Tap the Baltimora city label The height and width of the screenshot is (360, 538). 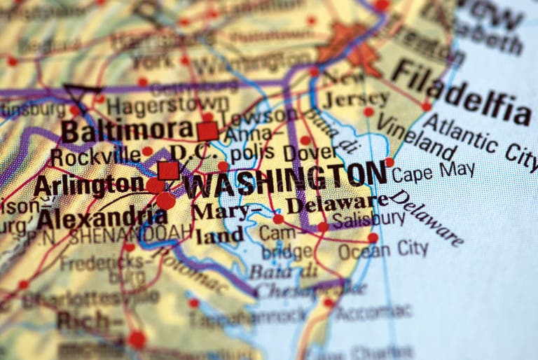pyautogui.click(x=126, y=130)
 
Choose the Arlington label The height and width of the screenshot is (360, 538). pyautogui.click(x=88, y=186)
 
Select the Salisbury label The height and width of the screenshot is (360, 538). pyautogui.click(x=368, y=219)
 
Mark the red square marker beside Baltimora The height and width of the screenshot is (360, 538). pyautogui.click(x=207, y=131)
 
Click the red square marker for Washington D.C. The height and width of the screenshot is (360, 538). pyautogui.click(x=168, y=170)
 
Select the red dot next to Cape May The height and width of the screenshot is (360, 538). pyautogui.click(x=389, y=162)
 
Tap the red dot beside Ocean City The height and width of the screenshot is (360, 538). pyautogui.click(x=373, y=238)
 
